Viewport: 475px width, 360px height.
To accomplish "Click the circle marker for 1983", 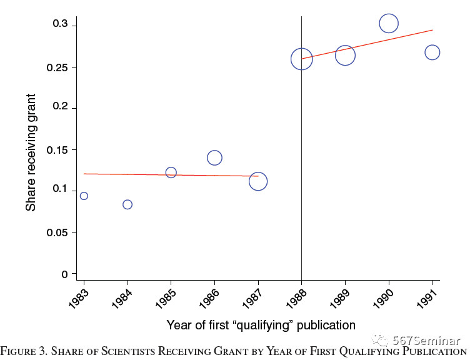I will click(x=84, y=196).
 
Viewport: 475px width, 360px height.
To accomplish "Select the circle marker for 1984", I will click(x=127, y=204).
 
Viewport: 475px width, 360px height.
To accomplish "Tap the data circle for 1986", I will click(x=214, y=157).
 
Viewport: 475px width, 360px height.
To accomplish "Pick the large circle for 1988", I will click(x=301, y=59).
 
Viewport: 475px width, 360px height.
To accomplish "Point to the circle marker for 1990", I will click(x=388, y=24).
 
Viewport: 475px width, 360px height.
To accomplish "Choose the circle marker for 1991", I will click(x=432, y=52).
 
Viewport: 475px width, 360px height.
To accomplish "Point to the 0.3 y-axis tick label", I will click(x=60, y=25).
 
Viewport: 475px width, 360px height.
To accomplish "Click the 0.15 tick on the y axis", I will click(x=57, y=149).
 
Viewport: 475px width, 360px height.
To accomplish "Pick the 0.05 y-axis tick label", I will click(x=57, y=232).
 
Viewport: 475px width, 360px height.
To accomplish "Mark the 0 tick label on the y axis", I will click(x=64, y=274).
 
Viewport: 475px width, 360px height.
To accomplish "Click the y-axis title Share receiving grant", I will click(x=31, y=152).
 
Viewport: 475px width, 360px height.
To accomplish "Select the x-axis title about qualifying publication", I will click(x=261, y=325).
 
